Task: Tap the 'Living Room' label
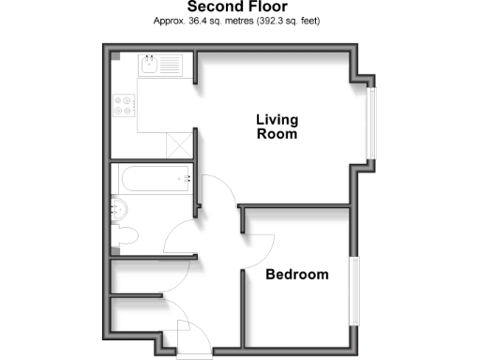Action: click(x=277, y=127)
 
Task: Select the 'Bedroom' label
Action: click(x=296, y=275)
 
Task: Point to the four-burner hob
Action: click(x=125, y=108)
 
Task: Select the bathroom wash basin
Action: click(x=119, y=208)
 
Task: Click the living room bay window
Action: click(x=372, y=122)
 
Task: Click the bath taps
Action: click(x=187, y=178)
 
